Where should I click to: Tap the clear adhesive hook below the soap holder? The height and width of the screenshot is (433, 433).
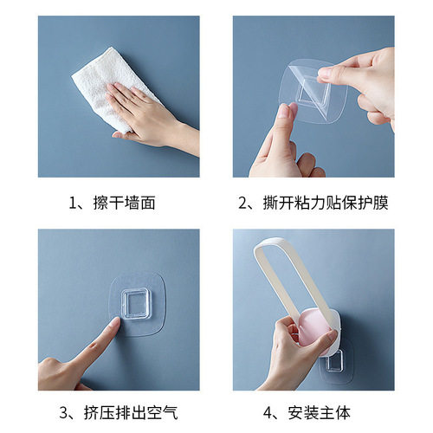point(336,360)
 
